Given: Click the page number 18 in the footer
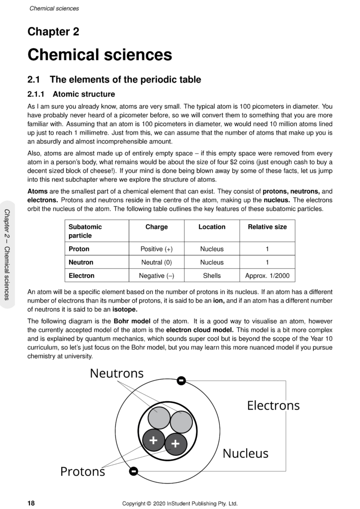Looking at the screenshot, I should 31,503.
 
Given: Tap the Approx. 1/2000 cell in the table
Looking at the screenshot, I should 267,275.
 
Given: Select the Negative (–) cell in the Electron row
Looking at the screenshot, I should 156,275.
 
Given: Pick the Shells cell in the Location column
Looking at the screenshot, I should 212,275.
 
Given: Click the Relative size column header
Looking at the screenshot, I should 267,227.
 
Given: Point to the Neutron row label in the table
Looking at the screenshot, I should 81,262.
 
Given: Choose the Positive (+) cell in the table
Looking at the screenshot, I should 156,249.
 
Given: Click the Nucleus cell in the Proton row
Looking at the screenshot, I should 212,249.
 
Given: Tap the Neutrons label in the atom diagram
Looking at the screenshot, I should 116,373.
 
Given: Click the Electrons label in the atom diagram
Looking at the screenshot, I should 273,406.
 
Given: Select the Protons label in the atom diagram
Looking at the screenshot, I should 83,471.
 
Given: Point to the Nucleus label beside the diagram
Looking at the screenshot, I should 245,453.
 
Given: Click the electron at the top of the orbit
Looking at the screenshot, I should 181,381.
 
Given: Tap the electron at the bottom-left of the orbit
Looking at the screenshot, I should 133,471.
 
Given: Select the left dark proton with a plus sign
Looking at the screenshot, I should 154,440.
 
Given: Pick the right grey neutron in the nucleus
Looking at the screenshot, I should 181,422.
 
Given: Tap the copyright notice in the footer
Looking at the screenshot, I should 180,503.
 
